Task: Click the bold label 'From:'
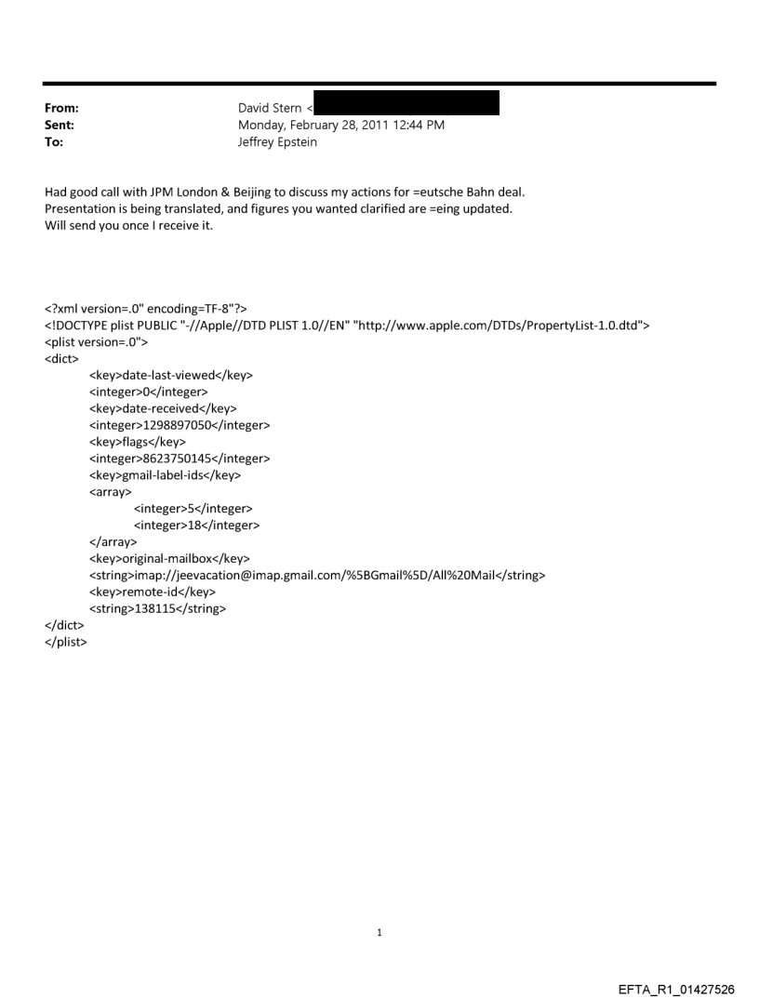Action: pyautogui.click(x=61, y=109)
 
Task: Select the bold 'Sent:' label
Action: pyautogui.click(x=60, y=126)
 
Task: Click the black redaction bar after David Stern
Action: pyautogui.click(x=406, y=102)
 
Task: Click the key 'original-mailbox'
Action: pyautogui.click(x=169, y=559)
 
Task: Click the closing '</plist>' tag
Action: pyautogui.click(x=65, y=643)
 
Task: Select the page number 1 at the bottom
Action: pyautogui.click(x=379, y=933)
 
